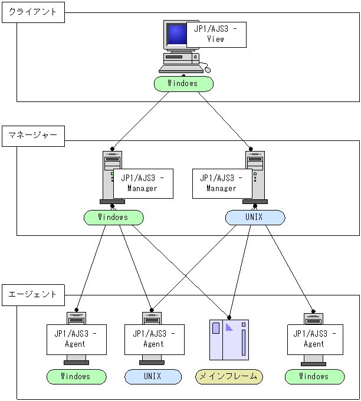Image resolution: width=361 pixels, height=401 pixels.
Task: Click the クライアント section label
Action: click(33, 12)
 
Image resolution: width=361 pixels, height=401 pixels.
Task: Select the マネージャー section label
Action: click(33, 134)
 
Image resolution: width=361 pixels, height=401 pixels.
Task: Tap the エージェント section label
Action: click(33, 294)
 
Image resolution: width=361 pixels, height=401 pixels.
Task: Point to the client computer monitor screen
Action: click(176, 35)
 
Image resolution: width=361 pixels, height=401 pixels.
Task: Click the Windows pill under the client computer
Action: click(183, 84)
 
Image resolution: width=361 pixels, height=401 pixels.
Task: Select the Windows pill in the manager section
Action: click(113, 218)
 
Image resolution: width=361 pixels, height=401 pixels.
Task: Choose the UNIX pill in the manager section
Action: click(255, 218)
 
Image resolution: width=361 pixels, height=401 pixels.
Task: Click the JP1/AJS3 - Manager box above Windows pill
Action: click(143, 183)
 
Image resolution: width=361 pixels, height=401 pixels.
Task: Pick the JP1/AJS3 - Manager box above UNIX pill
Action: click(222, 183)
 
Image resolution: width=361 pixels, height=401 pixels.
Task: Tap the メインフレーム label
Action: click(229, 377)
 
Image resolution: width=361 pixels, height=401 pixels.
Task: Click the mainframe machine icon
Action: click(229, 340)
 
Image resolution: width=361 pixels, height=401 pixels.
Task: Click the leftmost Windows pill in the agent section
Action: click(77, 377)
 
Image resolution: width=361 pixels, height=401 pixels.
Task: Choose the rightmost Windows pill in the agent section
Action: click(314, 377)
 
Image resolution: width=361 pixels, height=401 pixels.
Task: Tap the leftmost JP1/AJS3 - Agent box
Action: click(76, 339)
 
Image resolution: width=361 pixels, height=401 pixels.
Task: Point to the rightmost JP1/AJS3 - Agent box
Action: click(314, 339)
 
